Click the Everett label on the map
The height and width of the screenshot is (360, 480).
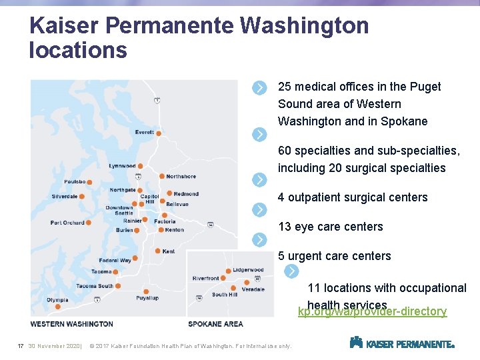(x=144, y=133)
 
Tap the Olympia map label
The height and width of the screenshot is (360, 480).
(x=57, y=300)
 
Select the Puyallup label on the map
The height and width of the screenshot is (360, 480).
(x=147, y=298)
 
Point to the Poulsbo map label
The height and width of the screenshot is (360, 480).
(x=75, y=181)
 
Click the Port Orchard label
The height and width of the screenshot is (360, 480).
(x=67, y=223)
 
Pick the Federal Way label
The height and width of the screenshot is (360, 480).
(x=115, y=260)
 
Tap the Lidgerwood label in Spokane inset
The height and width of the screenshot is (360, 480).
(x=248, y=270)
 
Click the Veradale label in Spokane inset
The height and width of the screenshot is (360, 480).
(x=253, y=289)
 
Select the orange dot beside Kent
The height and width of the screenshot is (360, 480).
(x=157, y=251)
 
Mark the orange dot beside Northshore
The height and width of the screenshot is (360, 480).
(x=162, y=176)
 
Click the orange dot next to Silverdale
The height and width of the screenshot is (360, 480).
(x=83, y=196)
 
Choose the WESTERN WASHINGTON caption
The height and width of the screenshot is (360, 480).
(x=71, y=324)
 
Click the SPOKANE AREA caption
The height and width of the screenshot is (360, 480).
(x=215, y=324)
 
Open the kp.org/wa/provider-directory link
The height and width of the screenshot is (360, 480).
(x=372, y=312)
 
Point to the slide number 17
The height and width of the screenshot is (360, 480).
(x=21, y=346)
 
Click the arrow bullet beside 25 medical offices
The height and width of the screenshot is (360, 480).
(x=259, y=87)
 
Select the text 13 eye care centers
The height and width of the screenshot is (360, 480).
(x=331, y=227)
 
